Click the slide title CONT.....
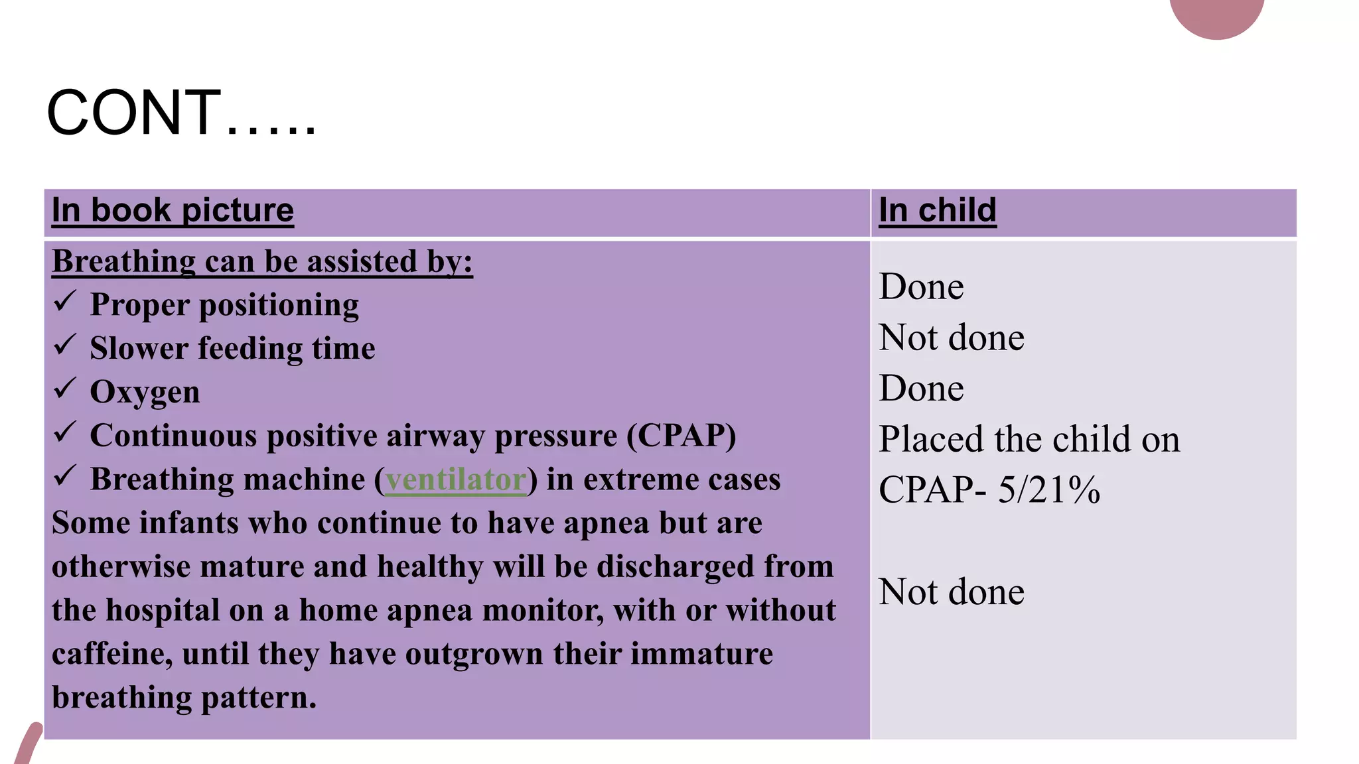(180, 112)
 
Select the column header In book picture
(173, 210)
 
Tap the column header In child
(937, 210)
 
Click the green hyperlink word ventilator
(456, 479)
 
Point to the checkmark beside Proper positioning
(65, 302)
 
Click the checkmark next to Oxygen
(65, 389)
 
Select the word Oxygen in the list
(145, 392)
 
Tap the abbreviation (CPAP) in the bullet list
(681, 436)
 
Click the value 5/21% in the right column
(1048, 490)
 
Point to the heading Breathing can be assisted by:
(262, 261)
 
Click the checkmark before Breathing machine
(65, 476)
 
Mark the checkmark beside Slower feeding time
(65, 346)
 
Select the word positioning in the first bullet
(279, 305)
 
